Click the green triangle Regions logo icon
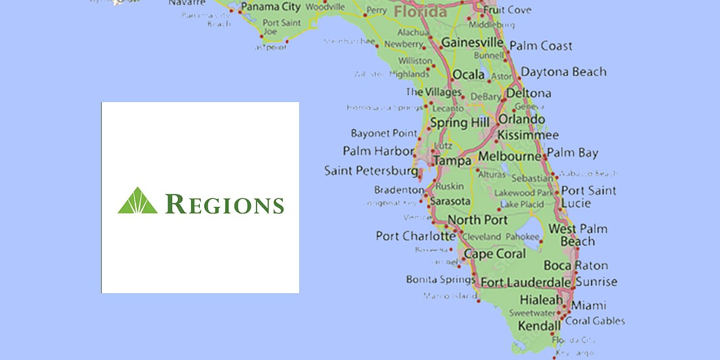(137, 201)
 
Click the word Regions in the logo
(225, 204)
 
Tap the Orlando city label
(521, 120)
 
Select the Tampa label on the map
(453, 160)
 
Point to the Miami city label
(588, 305)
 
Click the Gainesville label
(472, 43)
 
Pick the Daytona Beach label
(564, 72)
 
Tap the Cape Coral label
(494, 254)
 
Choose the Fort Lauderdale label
(526, 282)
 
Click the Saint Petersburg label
(370, 171)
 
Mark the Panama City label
(270, 8)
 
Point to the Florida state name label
(420, 12)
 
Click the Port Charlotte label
(416, 236)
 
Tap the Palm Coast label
(541, 46)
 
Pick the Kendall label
(539, 325)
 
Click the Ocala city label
(469, 75)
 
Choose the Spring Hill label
(458, 122)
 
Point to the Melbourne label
(510, 157)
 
